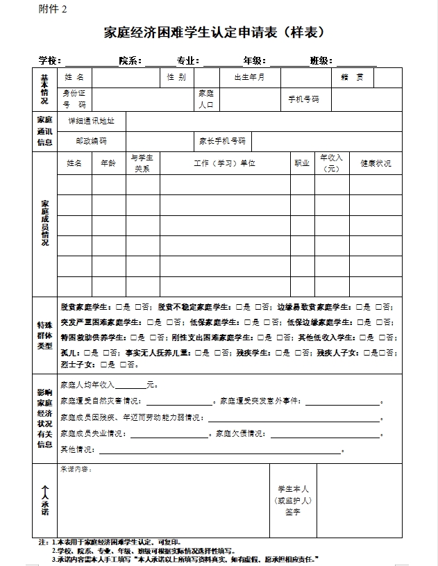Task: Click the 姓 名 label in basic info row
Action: click(74, 77)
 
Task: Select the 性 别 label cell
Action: click(176, 77)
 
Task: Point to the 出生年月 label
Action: click(249, 77)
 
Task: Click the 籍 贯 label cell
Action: click(352, 77)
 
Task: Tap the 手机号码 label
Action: click(304, 99)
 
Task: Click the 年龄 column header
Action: click(109, 163)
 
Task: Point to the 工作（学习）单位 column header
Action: click(225, 163)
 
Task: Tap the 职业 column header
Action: click(302, 163)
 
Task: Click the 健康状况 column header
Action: click(376, 163)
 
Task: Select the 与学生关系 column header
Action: click(142, 163)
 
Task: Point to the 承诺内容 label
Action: click(76, 469)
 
